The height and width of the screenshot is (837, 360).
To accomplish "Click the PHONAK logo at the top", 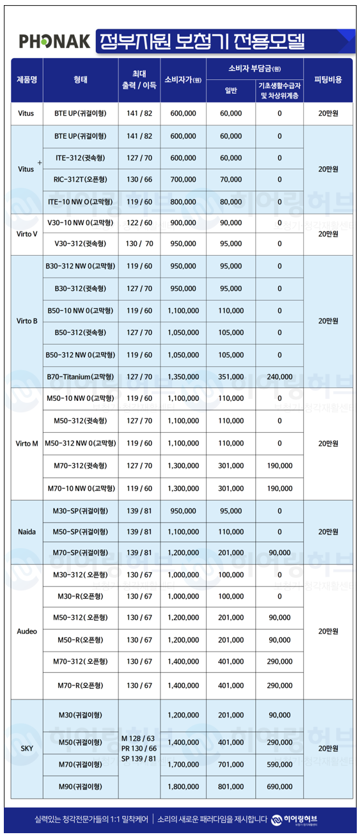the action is click(x=54, y=42).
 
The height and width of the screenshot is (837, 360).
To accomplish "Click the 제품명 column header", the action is click(x=26, y=81).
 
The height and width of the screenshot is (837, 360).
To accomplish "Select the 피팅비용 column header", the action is click(x=328, y=81).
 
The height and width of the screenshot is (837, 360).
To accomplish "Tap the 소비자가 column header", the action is click(x=183, y=81).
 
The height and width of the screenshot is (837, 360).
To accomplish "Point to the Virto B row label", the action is click(x=26, y=321).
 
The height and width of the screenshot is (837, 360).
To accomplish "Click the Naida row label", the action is click(x=26, y=532).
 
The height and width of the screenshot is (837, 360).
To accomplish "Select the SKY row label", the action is click(x=26, y=747).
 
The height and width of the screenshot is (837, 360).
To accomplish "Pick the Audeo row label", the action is click(x=26, y=631).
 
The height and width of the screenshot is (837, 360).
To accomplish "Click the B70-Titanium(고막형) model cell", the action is click(x=81, y=377).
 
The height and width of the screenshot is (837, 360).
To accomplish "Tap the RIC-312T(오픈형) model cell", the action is click(x=81, y=180).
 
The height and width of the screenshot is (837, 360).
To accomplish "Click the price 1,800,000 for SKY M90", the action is click(x=183, y=786).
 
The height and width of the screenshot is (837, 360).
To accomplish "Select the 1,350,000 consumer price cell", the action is click(x=183, y=377).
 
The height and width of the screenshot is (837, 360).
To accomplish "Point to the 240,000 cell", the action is click(x=279, y=377).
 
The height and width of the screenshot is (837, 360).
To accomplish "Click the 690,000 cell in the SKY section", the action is click(x=279, y=786).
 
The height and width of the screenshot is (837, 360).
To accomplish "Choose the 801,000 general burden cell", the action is click(x=231, y=786).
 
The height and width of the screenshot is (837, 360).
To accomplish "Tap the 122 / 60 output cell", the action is click(x=139, y=223).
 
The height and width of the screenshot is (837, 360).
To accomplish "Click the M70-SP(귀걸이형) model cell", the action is click(x=81, y=552).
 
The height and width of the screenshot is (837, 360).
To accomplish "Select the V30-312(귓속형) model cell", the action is click(x=81, y=244).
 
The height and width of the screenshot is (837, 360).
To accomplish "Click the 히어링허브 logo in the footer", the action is click(x=295, y=820).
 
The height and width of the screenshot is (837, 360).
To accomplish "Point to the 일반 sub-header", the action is click(x=231, y=91).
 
